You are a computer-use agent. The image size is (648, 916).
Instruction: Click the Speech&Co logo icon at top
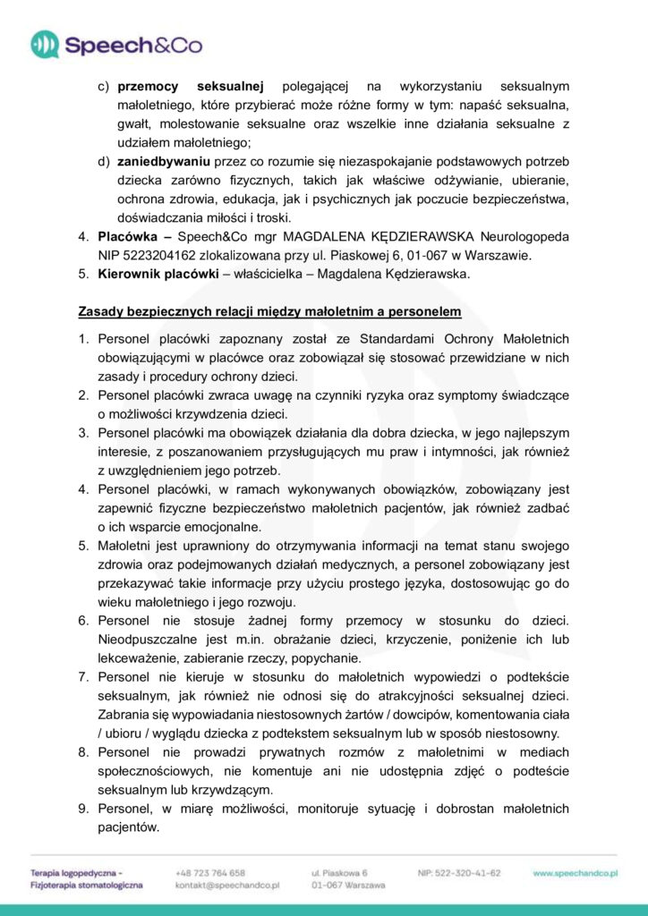tap(45, 44)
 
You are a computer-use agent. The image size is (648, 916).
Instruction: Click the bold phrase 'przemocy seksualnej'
tap(190, 86)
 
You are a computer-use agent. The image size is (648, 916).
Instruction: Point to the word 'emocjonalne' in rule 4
tap(223, 527)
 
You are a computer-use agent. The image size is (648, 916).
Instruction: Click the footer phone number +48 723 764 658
tap(210, 872)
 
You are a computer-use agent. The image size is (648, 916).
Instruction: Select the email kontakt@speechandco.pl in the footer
tap(228, 885)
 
